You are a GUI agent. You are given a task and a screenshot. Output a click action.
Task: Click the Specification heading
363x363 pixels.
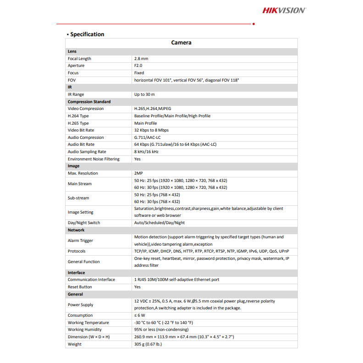coord(87,34)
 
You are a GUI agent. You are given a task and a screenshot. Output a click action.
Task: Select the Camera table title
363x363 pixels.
coord(181,43)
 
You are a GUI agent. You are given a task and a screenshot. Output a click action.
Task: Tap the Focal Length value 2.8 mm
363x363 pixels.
coord(141,59)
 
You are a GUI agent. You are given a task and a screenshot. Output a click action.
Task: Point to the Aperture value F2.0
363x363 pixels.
coord(138,66)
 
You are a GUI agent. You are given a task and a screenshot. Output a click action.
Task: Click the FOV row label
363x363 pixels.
coord(71,80)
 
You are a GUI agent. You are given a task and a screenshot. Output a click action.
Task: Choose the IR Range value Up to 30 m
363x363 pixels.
coord(144,94)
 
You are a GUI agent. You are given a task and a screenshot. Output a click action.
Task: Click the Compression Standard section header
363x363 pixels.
coord(89,102)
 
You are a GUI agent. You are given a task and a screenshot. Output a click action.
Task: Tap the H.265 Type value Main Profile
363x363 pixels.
coord(145,123)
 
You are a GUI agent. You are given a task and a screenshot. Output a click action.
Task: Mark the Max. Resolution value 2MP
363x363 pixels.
coord(138,173)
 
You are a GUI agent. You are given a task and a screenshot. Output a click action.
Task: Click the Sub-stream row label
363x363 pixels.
coord(78,198)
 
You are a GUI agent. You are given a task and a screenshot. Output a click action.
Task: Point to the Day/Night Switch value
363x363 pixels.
coord(159,223)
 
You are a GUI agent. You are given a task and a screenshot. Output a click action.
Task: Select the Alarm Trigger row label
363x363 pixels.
coord(80,241)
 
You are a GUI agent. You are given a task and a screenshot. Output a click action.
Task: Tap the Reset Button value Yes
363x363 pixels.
coord(137,287)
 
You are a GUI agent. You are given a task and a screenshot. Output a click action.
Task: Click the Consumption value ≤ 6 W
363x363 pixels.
coord(139,315)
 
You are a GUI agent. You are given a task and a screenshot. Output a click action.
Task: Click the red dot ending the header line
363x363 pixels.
coord(253,23)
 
